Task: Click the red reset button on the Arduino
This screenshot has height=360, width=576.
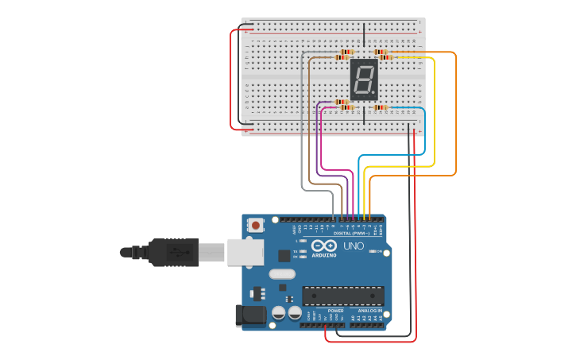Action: pyautogui.click(x=255, y=226)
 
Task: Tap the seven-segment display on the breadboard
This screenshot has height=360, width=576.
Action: pyautogui.click(x=364, y=79)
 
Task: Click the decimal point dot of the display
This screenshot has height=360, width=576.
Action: pyautogui.click(x=373, y=93)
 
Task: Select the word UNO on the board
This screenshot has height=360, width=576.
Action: pyautogui.click(x=353, y=246)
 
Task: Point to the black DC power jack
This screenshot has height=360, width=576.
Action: pyautogui.click(x=249, y=316)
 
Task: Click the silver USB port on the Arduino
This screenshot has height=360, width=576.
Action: pyautogui.click(x=245, y=252)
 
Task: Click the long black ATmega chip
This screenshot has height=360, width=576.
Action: pyautogui.click(x=342, y=296)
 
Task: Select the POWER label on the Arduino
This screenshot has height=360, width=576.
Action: pyautogui.click(x=324, y=311)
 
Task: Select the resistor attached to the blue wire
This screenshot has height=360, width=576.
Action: pyautogui.click(x=381, y=107)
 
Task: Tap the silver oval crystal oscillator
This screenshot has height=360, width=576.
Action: pyautogui.click(x=281, y=274)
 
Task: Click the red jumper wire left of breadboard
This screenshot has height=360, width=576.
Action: pyautogui.click(x=232, y=79)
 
